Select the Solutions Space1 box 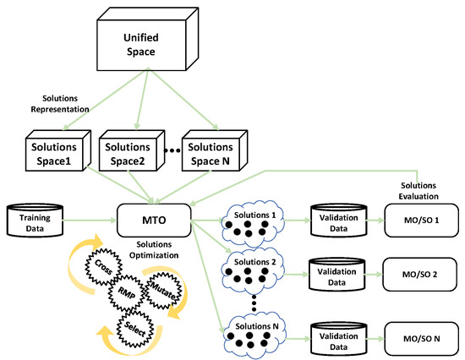52,153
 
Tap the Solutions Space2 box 126,153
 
